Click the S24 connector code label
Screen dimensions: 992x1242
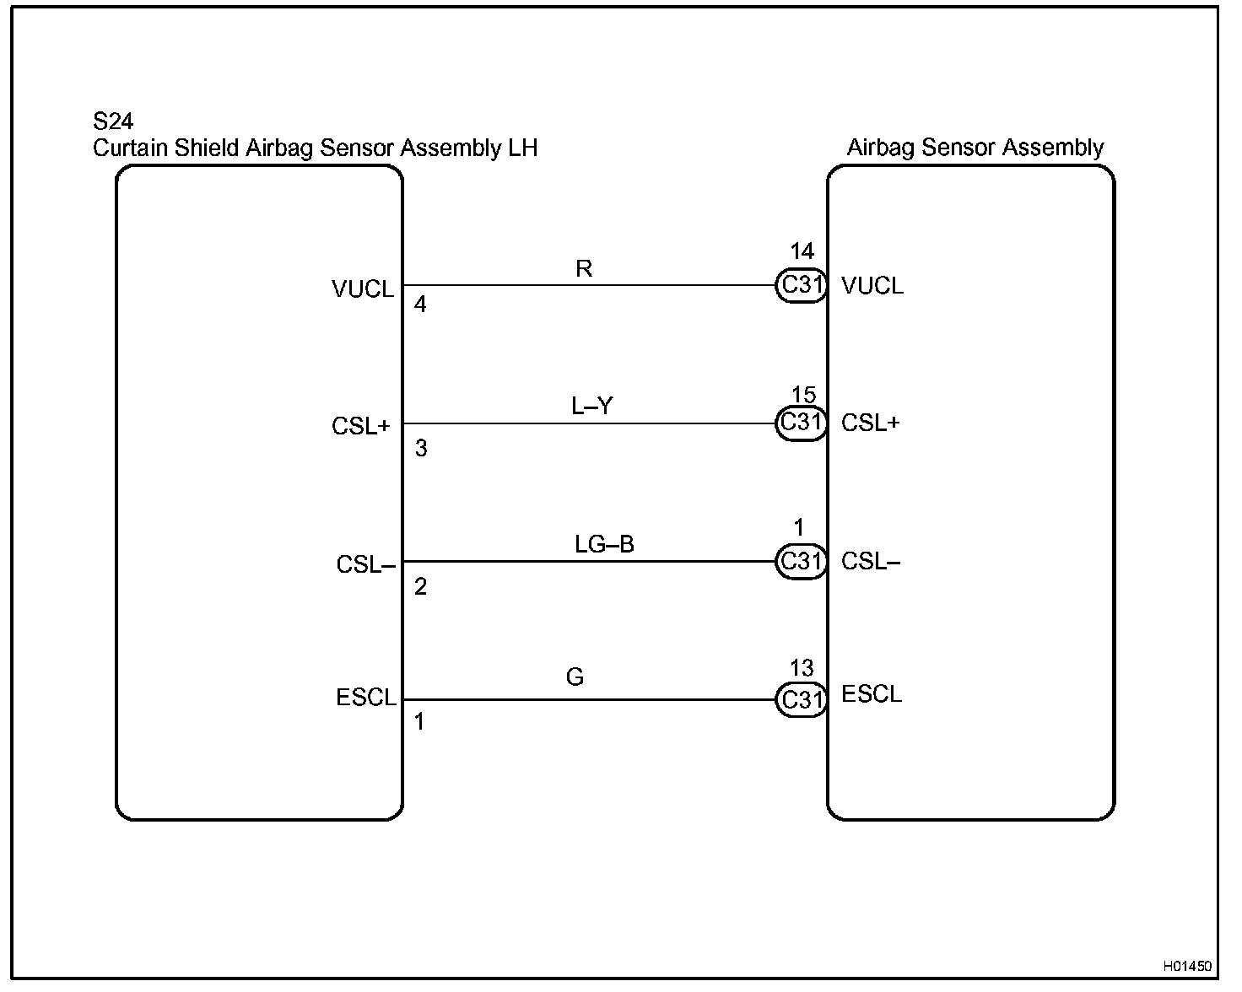tap(113, 122)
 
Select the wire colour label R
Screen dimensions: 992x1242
tap(583, 269)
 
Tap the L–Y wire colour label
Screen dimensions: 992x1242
tap(591, 407)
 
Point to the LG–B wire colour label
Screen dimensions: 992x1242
tap(604, 544)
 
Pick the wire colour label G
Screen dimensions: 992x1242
tap(575, 677)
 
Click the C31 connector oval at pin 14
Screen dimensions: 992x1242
tap(801, 285)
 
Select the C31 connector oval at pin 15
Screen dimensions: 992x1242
tap(801, 423)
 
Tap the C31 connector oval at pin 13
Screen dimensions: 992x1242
tap(801, 700)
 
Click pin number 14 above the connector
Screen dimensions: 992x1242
tap(802, 251)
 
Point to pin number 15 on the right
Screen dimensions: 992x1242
tap(803, 395)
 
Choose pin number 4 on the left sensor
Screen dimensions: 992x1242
tap(420, 305)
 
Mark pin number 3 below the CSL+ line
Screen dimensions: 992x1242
tap(421, 449)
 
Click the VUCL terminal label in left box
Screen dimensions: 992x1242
tap(363, 290)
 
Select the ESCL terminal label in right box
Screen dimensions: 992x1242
tap(872, 694)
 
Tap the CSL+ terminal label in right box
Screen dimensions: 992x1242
tap(870, 423)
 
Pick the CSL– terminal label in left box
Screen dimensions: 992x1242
tap(365, 564)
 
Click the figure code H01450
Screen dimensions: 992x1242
tap(1186, 966)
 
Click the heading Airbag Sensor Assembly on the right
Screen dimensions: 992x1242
tap(975, 148)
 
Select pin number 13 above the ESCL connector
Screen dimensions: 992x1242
tap(801, 669)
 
